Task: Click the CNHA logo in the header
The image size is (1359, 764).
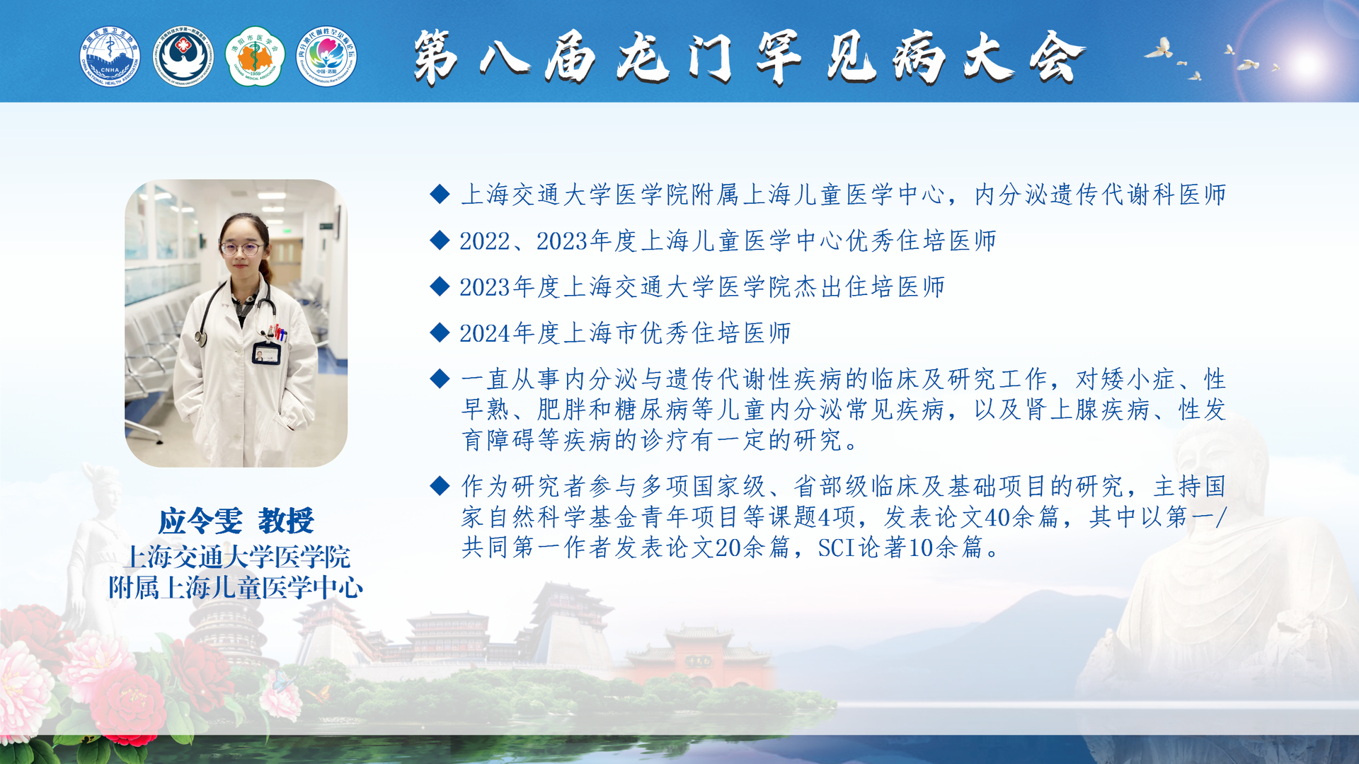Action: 110,57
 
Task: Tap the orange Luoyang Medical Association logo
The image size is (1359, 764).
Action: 255,57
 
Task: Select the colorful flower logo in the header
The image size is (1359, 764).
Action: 326,57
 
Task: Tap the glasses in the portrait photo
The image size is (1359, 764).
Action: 241,248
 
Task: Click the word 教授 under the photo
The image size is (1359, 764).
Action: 286,521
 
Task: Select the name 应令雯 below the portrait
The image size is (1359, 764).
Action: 200,521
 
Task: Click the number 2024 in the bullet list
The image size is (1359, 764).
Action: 486,333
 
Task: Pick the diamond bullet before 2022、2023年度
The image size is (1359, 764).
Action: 440,241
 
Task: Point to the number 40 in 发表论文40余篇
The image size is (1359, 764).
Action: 998,517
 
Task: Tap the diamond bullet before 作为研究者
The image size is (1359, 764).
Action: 440,485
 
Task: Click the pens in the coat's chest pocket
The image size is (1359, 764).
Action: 280,332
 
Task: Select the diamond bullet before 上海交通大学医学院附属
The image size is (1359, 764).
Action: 440,194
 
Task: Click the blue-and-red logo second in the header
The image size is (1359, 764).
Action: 183,57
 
